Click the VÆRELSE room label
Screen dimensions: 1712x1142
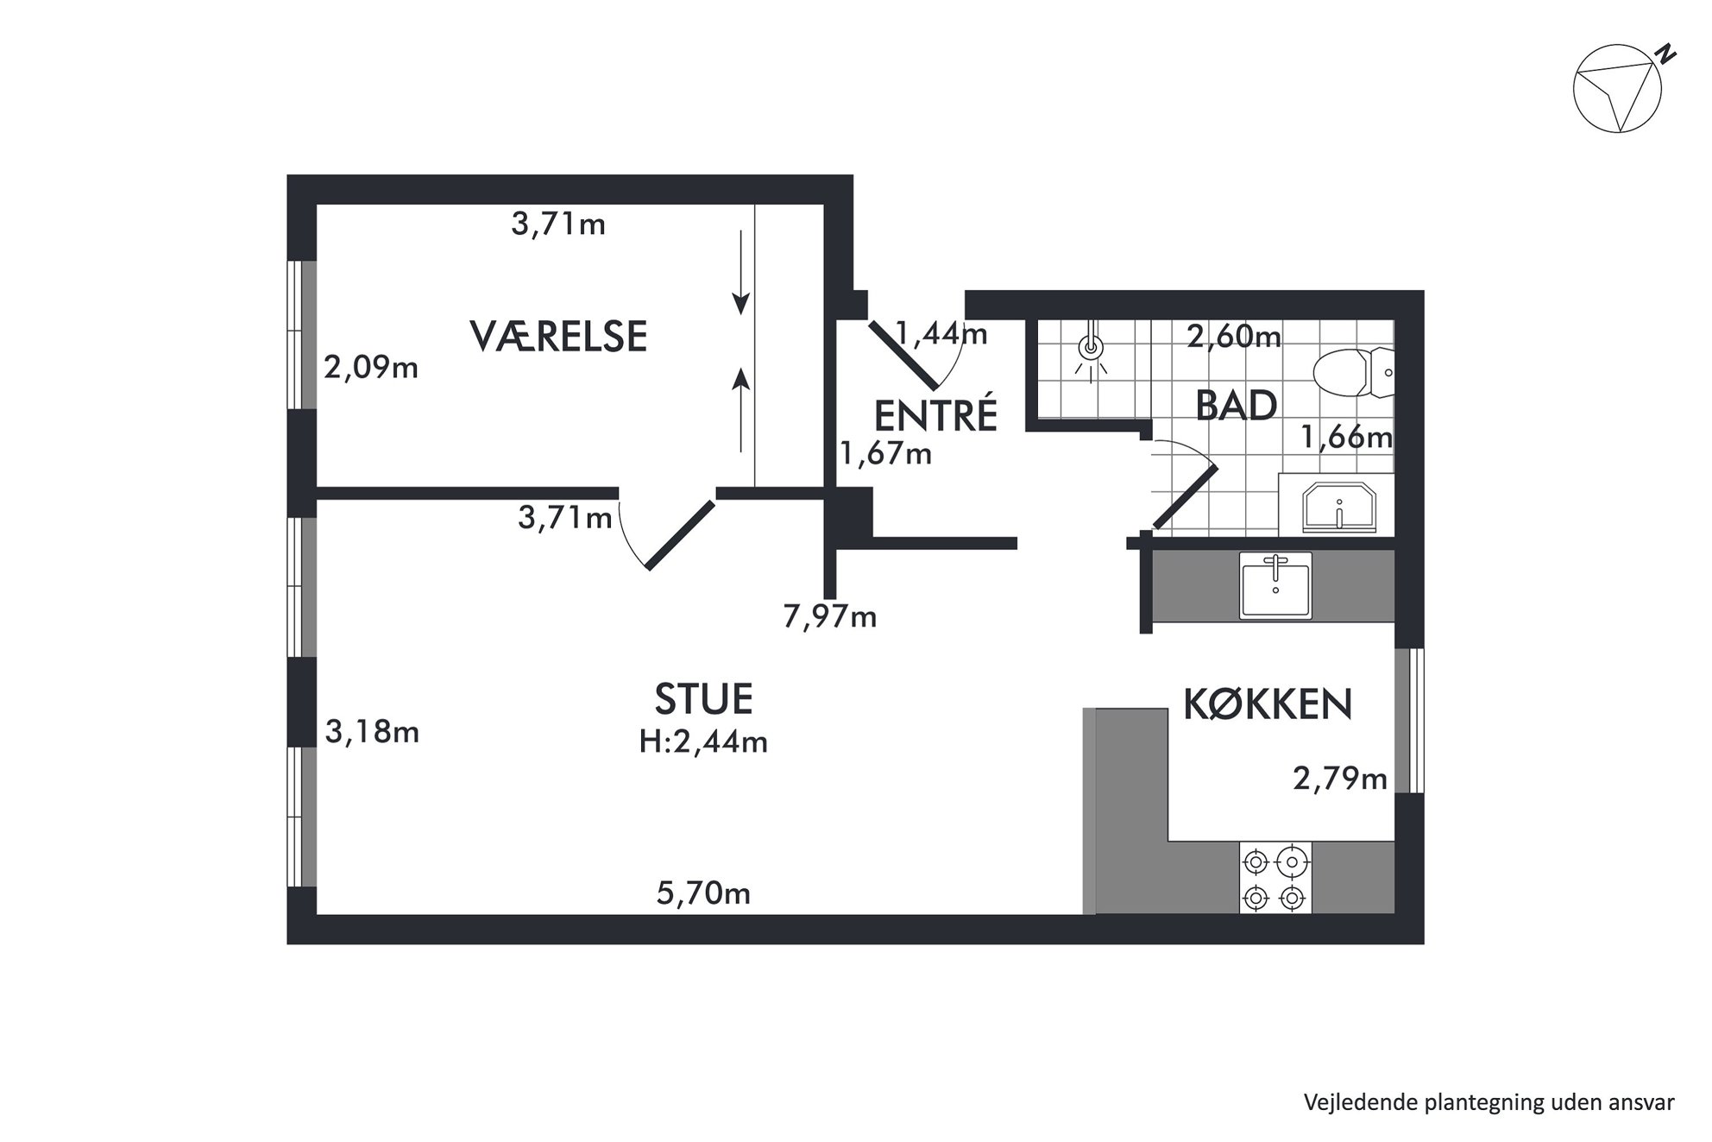click(x=558, y=336)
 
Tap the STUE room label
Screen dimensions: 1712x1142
click(x=703, y=698)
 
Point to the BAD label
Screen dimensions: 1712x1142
click(x=1236, y=405)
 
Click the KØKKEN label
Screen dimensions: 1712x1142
click(x=1268, y=704)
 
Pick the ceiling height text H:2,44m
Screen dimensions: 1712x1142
click(x=703, y=741)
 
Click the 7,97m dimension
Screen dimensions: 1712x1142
click(x=829, y=616)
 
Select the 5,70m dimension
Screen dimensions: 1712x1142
click(x=703, y=893)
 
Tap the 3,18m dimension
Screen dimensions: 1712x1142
click(x=372, y=732)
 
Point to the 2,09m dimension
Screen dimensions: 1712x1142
click(x=371, y=368)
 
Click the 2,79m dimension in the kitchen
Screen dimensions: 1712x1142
click(x=1339, y=779)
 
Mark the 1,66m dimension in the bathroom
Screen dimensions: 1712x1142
click(x=1346, y=438)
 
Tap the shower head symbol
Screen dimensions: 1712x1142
click(x=1092, y=350)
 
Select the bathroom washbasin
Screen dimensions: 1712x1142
click(x=1338, y=508)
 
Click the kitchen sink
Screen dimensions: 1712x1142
click(x=1275, y=585)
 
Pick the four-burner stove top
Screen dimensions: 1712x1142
click(x=1275, y=878)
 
